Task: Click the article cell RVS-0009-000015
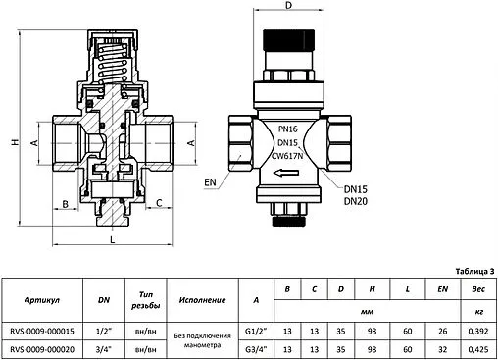pos(49,330)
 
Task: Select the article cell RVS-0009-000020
pos(49,347)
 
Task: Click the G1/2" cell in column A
pos(255,330)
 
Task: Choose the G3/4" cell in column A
pos(255,347)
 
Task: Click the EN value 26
pos(442,330)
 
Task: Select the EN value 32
pos(442,347)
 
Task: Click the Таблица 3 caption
pos(475,271)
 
